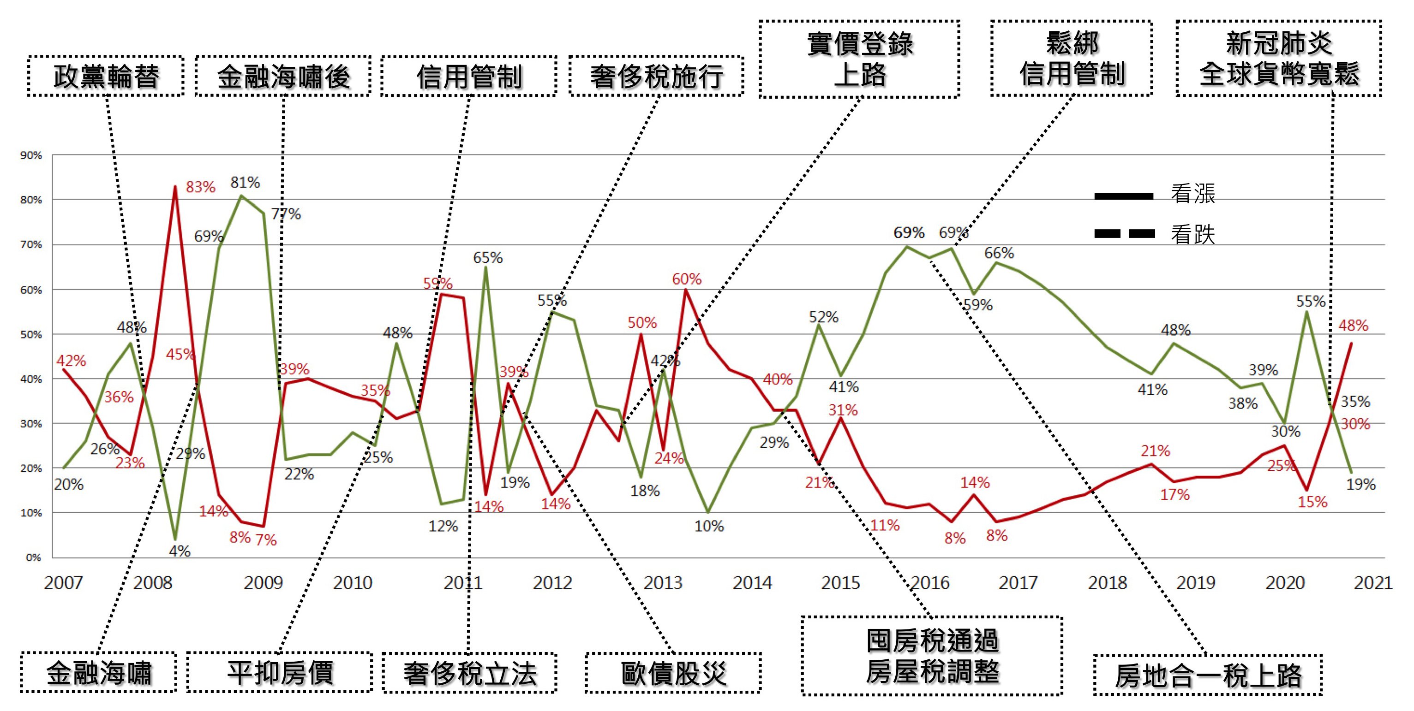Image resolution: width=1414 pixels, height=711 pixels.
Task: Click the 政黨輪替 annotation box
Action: click(106, 76)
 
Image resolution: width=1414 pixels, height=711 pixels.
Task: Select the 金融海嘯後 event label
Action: click(283, 76)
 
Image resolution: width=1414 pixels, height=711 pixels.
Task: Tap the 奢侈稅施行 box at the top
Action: click(657, 76)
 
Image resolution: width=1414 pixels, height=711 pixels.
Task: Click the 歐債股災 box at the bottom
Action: click(673, 673)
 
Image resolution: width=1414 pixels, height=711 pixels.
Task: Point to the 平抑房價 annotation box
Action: click(279, 673)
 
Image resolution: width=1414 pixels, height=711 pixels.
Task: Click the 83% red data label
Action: click(200, 187)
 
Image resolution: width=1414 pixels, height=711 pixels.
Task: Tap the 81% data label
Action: click(245, 182)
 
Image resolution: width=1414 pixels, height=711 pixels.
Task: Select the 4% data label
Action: click(180, 551)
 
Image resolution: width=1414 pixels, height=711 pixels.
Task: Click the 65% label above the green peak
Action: click(487, 257)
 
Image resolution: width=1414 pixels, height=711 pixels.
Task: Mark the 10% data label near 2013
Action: click(709, 526)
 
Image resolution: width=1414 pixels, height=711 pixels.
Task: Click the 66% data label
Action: click(999, 253)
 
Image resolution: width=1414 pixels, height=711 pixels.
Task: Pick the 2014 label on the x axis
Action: click(752, 583)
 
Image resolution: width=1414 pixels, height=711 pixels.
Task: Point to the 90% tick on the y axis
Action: click(31, 156)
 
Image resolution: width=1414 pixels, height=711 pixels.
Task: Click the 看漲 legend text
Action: click(1193, 194)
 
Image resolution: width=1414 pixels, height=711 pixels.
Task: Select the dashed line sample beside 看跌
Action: click(1124, 234)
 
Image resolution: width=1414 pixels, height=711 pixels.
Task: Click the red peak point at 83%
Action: click(175, 187)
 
